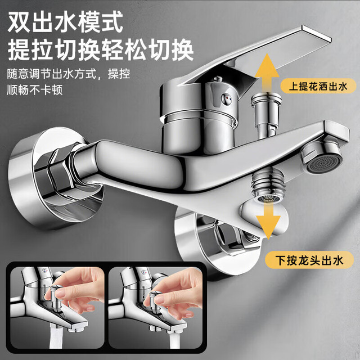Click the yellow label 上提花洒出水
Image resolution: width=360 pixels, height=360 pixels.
318,87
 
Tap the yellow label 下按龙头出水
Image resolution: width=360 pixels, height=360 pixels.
309,260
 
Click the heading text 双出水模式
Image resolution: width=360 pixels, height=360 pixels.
65,22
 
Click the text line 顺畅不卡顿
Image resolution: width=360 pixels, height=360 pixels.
35,89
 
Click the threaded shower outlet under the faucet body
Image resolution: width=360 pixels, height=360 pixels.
268,185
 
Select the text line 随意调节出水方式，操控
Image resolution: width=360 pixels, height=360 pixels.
69,74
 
